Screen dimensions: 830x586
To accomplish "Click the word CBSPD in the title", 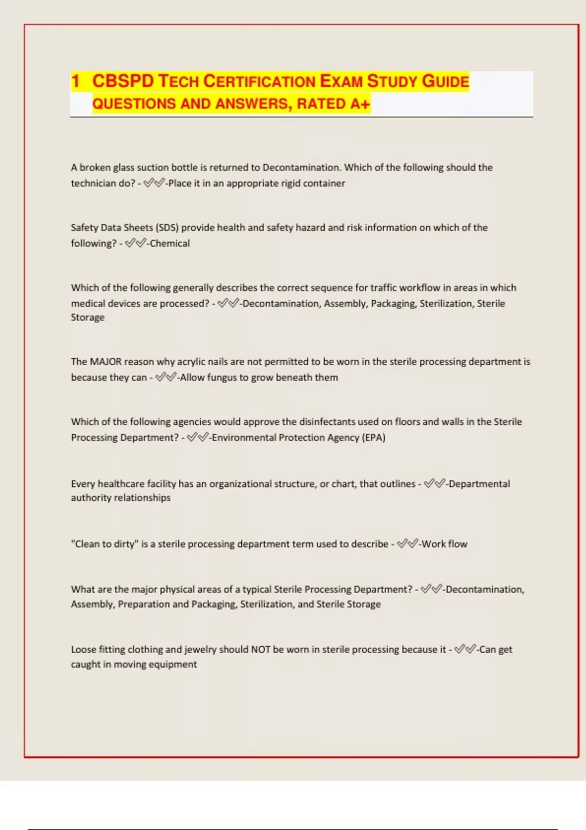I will coord(123,81).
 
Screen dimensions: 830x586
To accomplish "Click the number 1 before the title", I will coord(75,81).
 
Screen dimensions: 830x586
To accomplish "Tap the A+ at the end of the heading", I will coord(360,104).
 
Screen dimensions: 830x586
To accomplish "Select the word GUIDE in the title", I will coord(445,81).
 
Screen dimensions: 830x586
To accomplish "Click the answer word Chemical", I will coord(169,243).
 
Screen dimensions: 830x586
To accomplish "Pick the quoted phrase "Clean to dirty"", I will coord(105,544).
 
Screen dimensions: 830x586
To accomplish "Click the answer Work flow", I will coord(444,544).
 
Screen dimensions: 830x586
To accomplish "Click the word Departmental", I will coord(479,484).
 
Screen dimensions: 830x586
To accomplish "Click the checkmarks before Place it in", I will coord(154,184).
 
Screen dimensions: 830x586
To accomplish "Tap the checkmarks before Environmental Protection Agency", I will coord(197,437).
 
